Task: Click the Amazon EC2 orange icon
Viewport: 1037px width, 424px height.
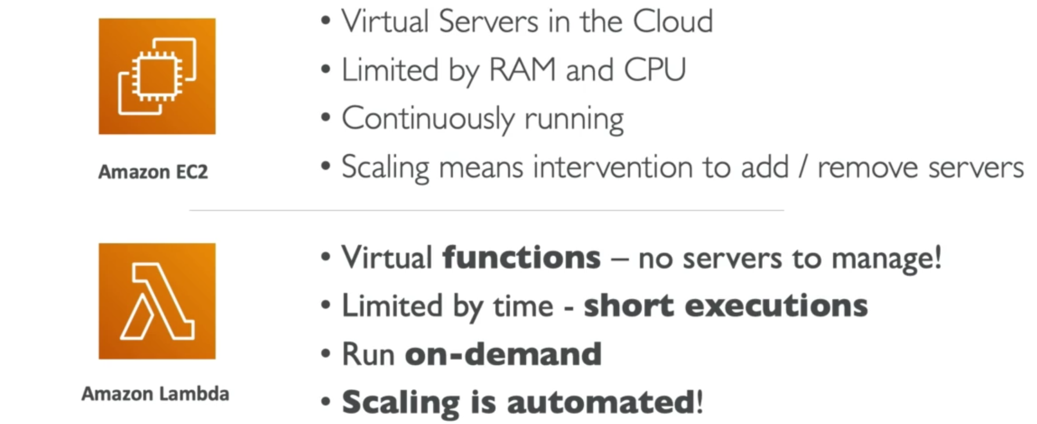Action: point(157,76)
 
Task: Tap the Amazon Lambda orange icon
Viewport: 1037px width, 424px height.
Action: point(157,301)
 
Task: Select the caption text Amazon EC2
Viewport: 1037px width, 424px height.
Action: point(153,172)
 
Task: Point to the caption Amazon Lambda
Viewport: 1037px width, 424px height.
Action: point(155,394)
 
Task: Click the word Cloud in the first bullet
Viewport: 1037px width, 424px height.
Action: point(673,22)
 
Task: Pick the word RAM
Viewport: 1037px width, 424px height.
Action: point(522,70)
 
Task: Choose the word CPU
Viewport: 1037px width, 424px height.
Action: point(655,70)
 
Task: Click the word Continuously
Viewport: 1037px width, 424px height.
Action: point(428,119)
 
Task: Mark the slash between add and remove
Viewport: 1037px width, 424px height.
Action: point(803,167)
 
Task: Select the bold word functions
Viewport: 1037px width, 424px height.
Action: point(521,257)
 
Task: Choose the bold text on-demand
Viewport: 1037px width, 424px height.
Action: point(503,354)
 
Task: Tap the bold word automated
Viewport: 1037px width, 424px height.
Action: point(601,402)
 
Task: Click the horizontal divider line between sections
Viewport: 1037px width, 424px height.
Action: point(486,210)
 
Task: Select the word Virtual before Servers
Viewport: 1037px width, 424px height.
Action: point(385,22)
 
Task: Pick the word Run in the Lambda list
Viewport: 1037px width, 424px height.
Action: point(368,354)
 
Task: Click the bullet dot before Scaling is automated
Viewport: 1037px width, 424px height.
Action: point(325,401)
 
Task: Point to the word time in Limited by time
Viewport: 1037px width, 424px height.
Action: point(523,306)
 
